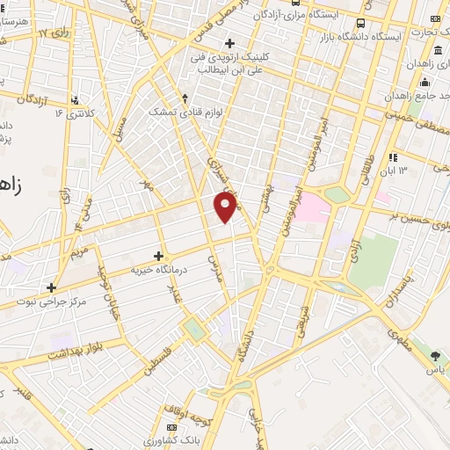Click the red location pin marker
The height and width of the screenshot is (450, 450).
click(226, 207)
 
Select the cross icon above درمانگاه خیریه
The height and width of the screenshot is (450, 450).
click(158, 256)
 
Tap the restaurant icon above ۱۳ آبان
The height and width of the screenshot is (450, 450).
click(394, 157)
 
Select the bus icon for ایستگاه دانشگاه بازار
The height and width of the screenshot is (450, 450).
click(360, 24)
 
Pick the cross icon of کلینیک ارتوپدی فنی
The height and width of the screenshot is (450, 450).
click(229, 43)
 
